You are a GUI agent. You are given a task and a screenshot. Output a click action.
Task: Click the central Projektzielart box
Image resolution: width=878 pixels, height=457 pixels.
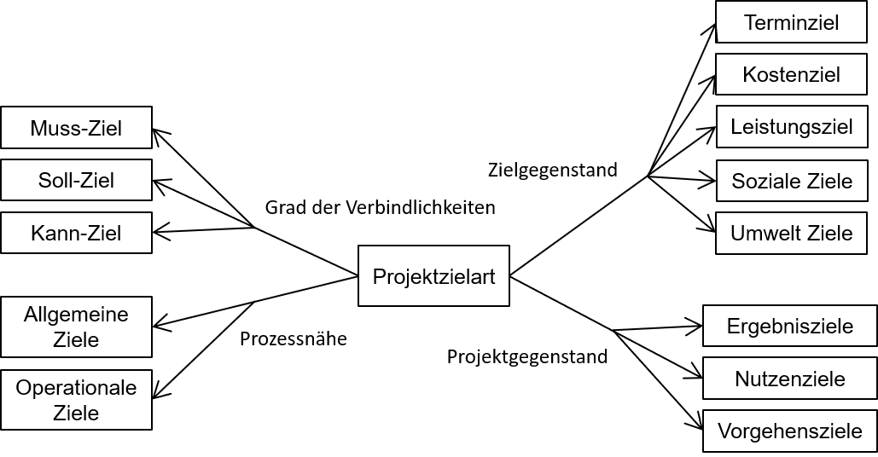pos(433,275)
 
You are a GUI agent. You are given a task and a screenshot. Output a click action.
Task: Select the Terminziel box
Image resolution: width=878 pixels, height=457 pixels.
pos(791,23)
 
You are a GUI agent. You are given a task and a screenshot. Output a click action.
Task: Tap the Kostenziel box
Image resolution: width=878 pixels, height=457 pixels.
pos(791,74)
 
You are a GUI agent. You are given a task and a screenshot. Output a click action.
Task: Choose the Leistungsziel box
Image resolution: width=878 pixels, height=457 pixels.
pos(791,127)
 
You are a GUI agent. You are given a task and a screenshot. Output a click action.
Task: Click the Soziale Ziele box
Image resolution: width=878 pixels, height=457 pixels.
pos(791,181)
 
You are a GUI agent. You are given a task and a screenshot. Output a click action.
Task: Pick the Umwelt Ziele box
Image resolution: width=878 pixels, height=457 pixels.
pos(791,233)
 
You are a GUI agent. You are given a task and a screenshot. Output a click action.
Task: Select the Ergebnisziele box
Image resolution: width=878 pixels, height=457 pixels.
pos(789,326)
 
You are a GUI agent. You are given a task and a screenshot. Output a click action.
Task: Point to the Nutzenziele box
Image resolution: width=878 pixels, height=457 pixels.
pos(789,379)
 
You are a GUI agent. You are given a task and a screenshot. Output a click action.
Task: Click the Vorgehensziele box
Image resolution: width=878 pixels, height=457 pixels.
pos(789,431)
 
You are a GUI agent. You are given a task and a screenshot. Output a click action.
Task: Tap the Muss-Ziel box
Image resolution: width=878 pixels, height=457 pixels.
pos(76,128)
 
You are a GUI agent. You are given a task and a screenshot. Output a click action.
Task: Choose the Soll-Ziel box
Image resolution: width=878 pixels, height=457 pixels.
pos(76,180)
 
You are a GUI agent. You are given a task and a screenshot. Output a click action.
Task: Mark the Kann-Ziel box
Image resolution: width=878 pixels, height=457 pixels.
pos(76,233)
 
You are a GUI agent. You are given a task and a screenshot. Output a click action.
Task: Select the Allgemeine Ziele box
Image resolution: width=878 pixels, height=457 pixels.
pos(76,327)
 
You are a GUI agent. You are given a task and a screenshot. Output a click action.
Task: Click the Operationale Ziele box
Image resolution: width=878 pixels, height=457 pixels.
pos(76,400)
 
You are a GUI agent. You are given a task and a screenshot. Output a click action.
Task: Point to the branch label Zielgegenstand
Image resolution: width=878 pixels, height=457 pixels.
pos(552,170)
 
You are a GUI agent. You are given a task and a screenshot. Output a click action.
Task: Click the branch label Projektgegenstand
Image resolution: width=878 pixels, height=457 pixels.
pos(527,356)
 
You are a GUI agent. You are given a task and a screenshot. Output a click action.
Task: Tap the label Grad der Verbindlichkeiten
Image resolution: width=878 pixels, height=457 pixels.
pos(380,207)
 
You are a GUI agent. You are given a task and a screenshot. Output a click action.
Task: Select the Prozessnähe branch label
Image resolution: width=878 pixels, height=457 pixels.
pos(293,338)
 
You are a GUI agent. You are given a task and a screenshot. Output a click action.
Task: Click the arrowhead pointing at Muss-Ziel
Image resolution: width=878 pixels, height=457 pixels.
pos(158,131)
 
